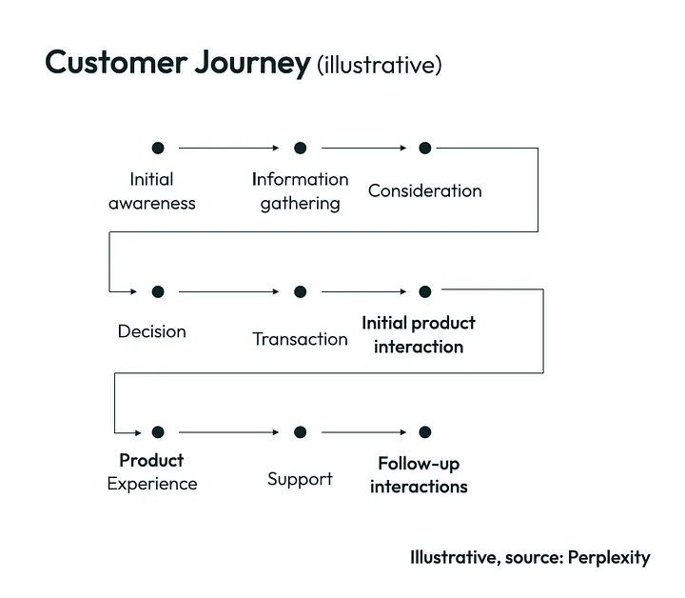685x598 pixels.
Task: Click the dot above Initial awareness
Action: pos(158,149)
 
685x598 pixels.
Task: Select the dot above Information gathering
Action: pos(300,149)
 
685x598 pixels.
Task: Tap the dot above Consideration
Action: pos(425,149)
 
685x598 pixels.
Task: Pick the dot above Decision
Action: pos(158,291)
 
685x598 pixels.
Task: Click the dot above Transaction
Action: pos(300,291)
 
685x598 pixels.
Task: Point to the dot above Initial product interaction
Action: pos(425,291)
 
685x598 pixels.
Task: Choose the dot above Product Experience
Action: pos(158,432)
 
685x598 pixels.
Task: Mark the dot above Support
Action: pos(300,432)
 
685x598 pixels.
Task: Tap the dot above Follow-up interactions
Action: pos(425,432)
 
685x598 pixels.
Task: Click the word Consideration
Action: pos(425,191)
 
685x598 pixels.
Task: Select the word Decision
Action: pos(152,331)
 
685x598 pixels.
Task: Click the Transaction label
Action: pos(300,339)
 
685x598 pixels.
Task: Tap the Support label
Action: pos(300,480)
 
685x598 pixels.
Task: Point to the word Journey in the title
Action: pos(252,64)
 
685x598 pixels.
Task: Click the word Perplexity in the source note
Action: pos(609,558)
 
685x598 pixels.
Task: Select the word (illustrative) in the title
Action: pos(380,65)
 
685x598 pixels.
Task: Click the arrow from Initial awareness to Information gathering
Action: pos(228,149)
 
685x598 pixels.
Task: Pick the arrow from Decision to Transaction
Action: pos(228,291)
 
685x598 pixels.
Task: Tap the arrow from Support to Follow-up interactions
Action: pos(363,432)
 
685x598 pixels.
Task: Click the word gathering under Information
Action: pos(300,204)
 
